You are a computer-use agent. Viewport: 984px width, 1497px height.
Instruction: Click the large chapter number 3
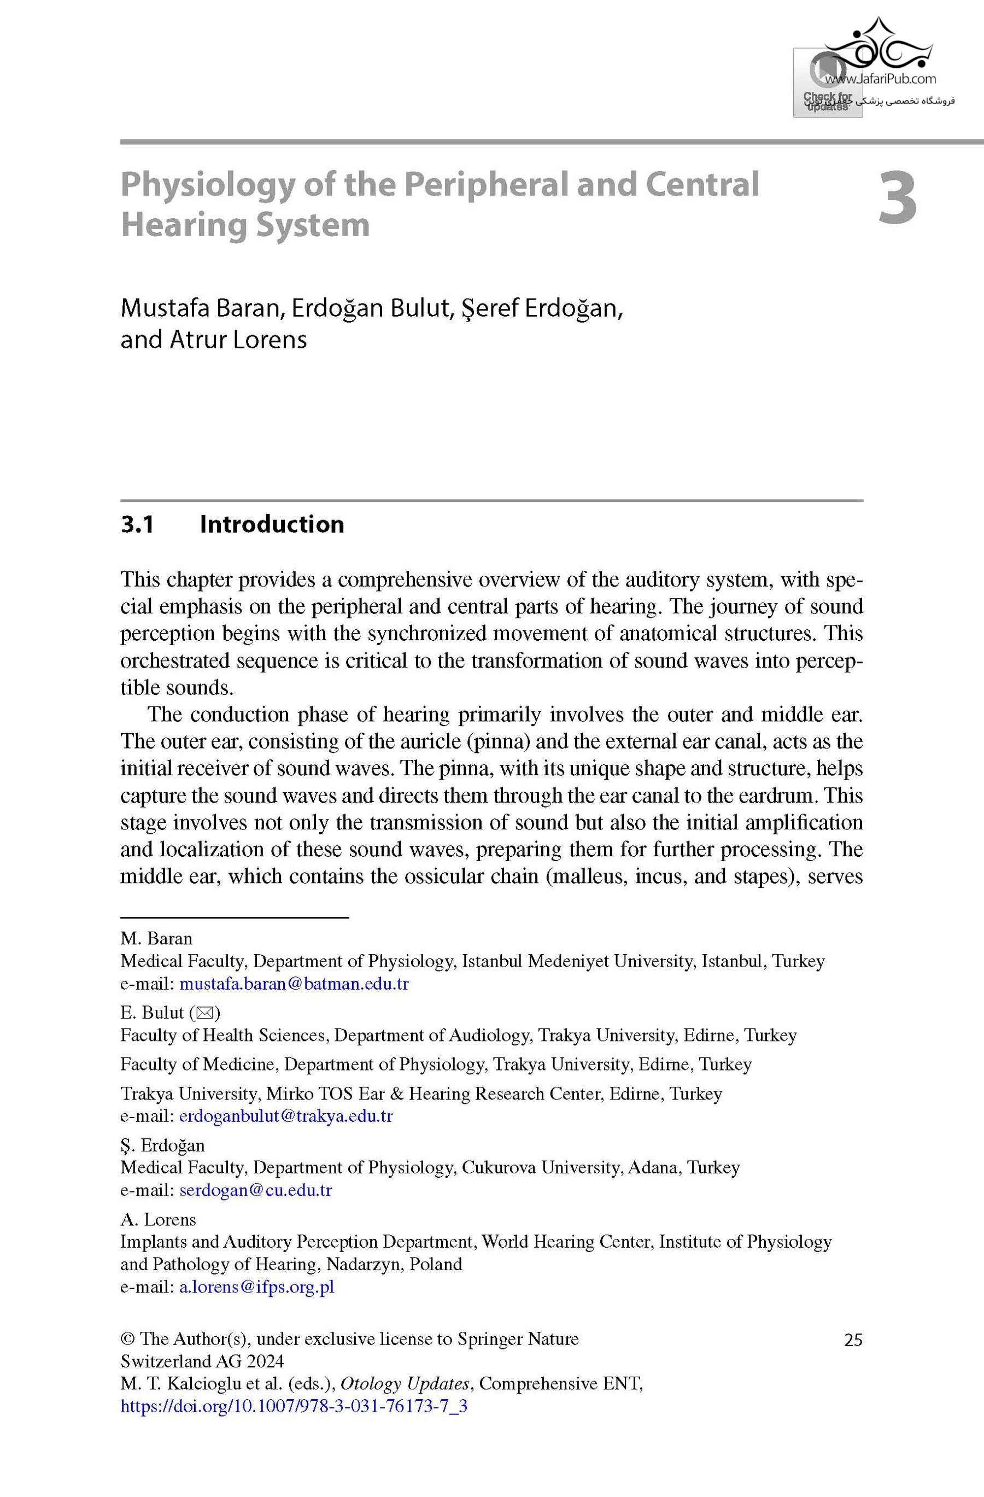click(x=897, y=199)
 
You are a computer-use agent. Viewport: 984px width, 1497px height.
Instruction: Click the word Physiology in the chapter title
click(x=207, y=185)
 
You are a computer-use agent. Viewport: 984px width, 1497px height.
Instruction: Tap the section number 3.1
click(x=137, y=524)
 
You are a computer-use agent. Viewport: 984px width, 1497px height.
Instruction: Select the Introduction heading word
click(x=272, y=524)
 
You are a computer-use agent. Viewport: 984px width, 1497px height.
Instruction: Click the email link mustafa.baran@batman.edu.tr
click(x=294, y=984)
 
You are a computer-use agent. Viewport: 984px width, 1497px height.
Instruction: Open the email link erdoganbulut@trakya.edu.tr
click(x=285, y=1116)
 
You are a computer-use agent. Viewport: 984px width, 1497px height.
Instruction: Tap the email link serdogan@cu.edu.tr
click(x=255, y=1190)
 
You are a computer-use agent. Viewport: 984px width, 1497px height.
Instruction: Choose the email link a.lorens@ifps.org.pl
click(x=256, y=1287)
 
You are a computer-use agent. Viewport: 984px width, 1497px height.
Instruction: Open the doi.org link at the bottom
click(x=294, y=1406)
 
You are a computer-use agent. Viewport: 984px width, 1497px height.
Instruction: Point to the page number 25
click(x=853, y=1340)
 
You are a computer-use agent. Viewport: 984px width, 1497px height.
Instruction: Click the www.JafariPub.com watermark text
click(x=880, y=79)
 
